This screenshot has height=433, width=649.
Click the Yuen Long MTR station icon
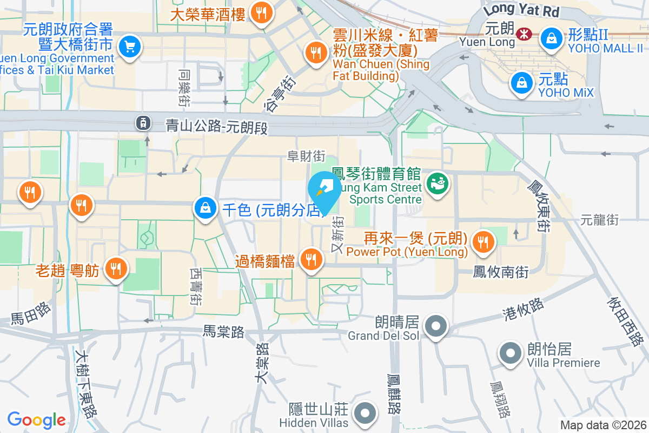(523, 34)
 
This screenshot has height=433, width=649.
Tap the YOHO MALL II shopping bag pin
(551, 37)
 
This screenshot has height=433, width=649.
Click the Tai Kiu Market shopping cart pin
(129, 47)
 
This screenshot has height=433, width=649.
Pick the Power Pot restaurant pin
(481, 241)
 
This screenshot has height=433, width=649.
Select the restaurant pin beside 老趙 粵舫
(115, 267)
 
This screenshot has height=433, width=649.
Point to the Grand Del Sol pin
(435, 326)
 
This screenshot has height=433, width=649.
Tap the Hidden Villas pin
(365, 413)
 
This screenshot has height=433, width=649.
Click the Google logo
(36, 420)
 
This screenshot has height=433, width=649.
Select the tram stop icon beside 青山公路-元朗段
(143, 123)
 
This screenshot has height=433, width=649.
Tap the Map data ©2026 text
(602, 425)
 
